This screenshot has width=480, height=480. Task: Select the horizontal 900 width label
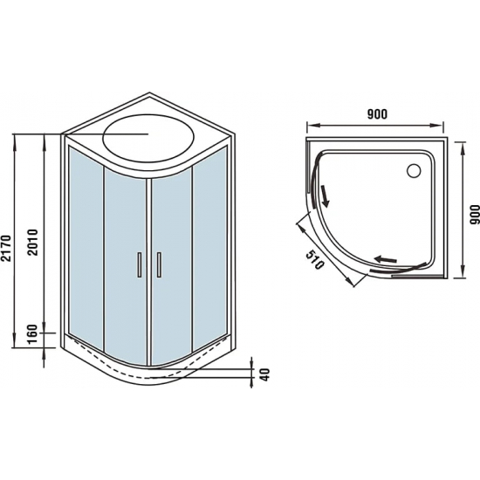click(376, 115)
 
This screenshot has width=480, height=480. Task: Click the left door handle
click(137, 264)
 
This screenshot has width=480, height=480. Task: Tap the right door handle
click(160, 264)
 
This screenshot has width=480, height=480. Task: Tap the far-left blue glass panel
click(86, 246)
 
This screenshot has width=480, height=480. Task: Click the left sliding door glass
click(125, 262)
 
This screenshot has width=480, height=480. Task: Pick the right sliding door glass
click(172, 262)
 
